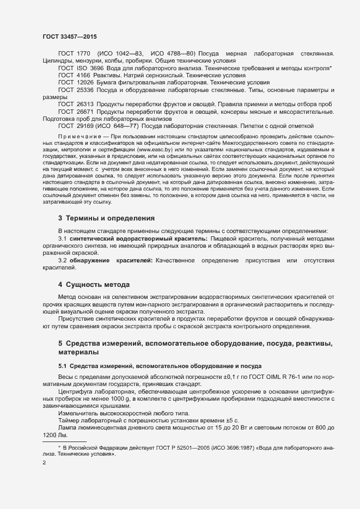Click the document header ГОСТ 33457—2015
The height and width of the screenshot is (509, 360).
pyautogui.click(x=70, y=36)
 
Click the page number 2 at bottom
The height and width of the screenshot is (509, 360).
pyautogui.click(x=44, y=463)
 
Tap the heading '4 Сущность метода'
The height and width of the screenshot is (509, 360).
pyautogui.click(x=94, y=285)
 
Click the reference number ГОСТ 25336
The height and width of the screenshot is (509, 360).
pyautogui.click(x=76, y=89)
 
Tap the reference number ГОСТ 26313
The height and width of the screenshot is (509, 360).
pyautogui.click(x=76, y=104)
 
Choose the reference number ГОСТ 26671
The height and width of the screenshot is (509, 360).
pyautogui.click(x=76, y=111)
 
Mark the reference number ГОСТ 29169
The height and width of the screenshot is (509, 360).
pyautogui.click(x=76, y=126)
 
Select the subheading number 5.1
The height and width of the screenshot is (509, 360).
pyautogui.click(x=63, y=365)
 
